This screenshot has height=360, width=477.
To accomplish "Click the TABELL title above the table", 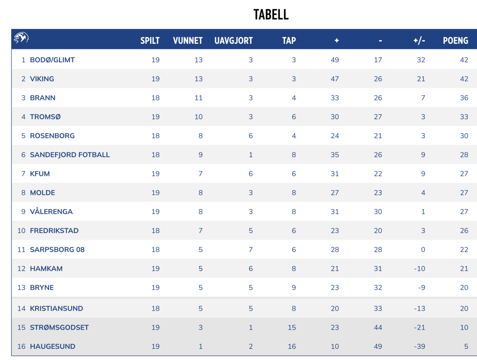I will [271, 15].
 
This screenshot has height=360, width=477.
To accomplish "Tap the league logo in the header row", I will [21, 39].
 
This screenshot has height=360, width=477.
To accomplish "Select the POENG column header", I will [455, 41].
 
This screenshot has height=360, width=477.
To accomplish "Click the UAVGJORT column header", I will [233, 41].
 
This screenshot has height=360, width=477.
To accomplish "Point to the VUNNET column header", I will [188, 41].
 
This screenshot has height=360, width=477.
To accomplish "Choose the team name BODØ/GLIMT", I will [52, 60].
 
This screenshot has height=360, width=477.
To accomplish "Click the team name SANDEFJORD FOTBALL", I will [70, 155].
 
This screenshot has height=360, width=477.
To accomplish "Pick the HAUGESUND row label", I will [52, 346].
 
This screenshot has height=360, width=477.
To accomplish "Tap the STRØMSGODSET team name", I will [59, 327].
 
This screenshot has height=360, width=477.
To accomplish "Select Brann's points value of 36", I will [464, 98].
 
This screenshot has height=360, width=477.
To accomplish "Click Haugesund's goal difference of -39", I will [419, 346].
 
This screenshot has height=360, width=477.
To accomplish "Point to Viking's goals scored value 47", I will [335, 79].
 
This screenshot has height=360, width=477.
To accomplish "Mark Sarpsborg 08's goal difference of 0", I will [423, 250].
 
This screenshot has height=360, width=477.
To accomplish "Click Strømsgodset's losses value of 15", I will [291, 327].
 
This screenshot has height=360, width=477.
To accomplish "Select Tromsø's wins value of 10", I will [198, 117].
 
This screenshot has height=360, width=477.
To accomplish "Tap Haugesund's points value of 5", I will [466, 346].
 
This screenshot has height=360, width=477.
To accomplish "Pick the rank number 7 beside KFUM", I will [23, 174].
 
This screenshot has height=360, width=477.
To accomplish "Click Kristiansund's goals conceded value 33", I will [378, 308].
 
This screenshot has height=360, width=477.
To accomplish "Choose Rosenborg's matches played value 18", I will [155, 136].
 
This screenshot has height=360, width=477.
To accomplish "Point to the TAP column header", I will [289, 41].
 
